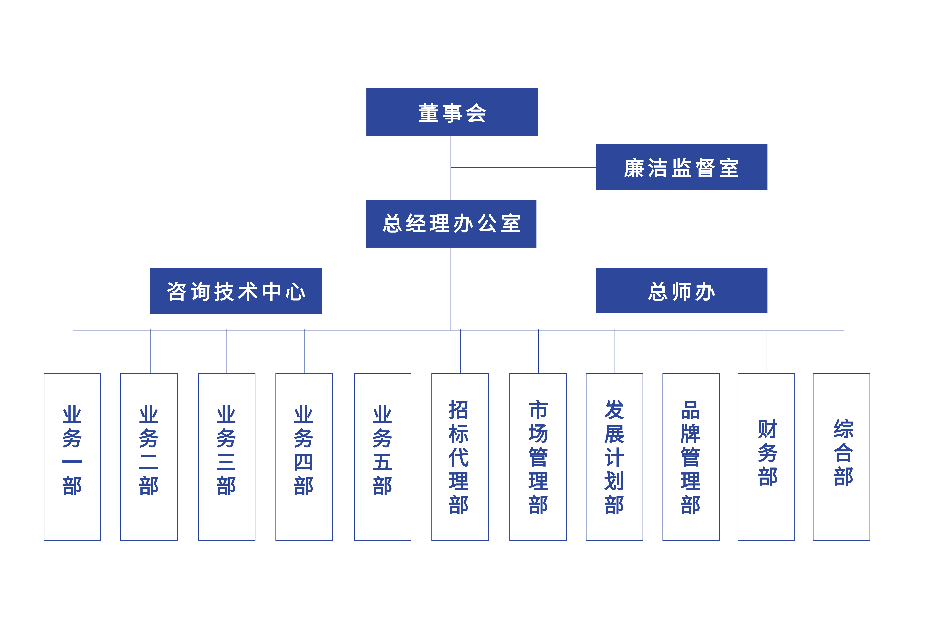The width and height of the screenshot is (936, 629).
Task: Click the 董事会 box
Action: tap(452, 112)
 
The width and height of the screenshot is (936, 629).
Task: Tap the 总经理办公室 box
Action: tap(451, 224)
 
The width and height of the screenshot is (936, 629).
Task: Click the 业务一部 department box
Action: tap(72, 457)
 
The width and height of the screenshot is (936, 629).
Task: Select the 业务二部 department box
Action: tap(149, 457)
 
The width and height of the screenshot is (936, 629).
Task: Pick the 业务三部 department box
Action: tap(226, 457)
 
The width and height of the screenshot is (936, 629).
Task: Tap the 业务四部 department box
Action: tap(304, 457)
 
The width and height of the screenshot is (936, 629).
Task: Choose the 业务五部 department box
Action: tap(382, 457)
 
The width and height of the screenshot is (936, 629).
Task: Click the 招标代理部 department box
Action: tap(460, 457)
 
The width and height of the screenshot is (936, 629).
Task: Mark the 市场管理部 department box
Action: tap(538, 457)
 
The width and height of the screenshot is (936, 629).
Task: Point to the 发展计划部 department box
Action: tap(614, 457)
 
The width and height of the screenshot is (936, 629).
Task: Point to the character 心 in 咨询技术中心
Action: tap(295, 292)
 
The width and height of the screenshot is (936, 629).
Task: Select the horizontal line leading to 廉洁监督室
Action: tap(522, 168)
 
